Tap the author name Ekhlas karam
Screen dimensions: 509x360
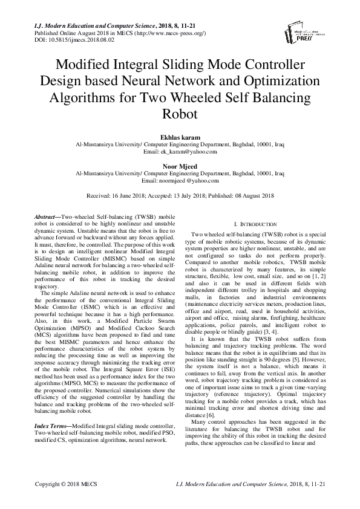pos(179,137)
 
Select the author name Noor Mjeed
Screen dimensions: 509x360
pos(180,165)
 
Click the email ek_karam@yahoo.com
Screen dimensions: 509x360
pos(188,152)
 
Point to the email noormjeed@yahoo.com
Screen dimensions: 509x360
pos(188,180)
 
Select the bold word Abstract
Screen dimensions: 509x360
pos(45,216)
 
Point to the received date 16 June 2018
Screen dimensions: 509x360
pos(125,196)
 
